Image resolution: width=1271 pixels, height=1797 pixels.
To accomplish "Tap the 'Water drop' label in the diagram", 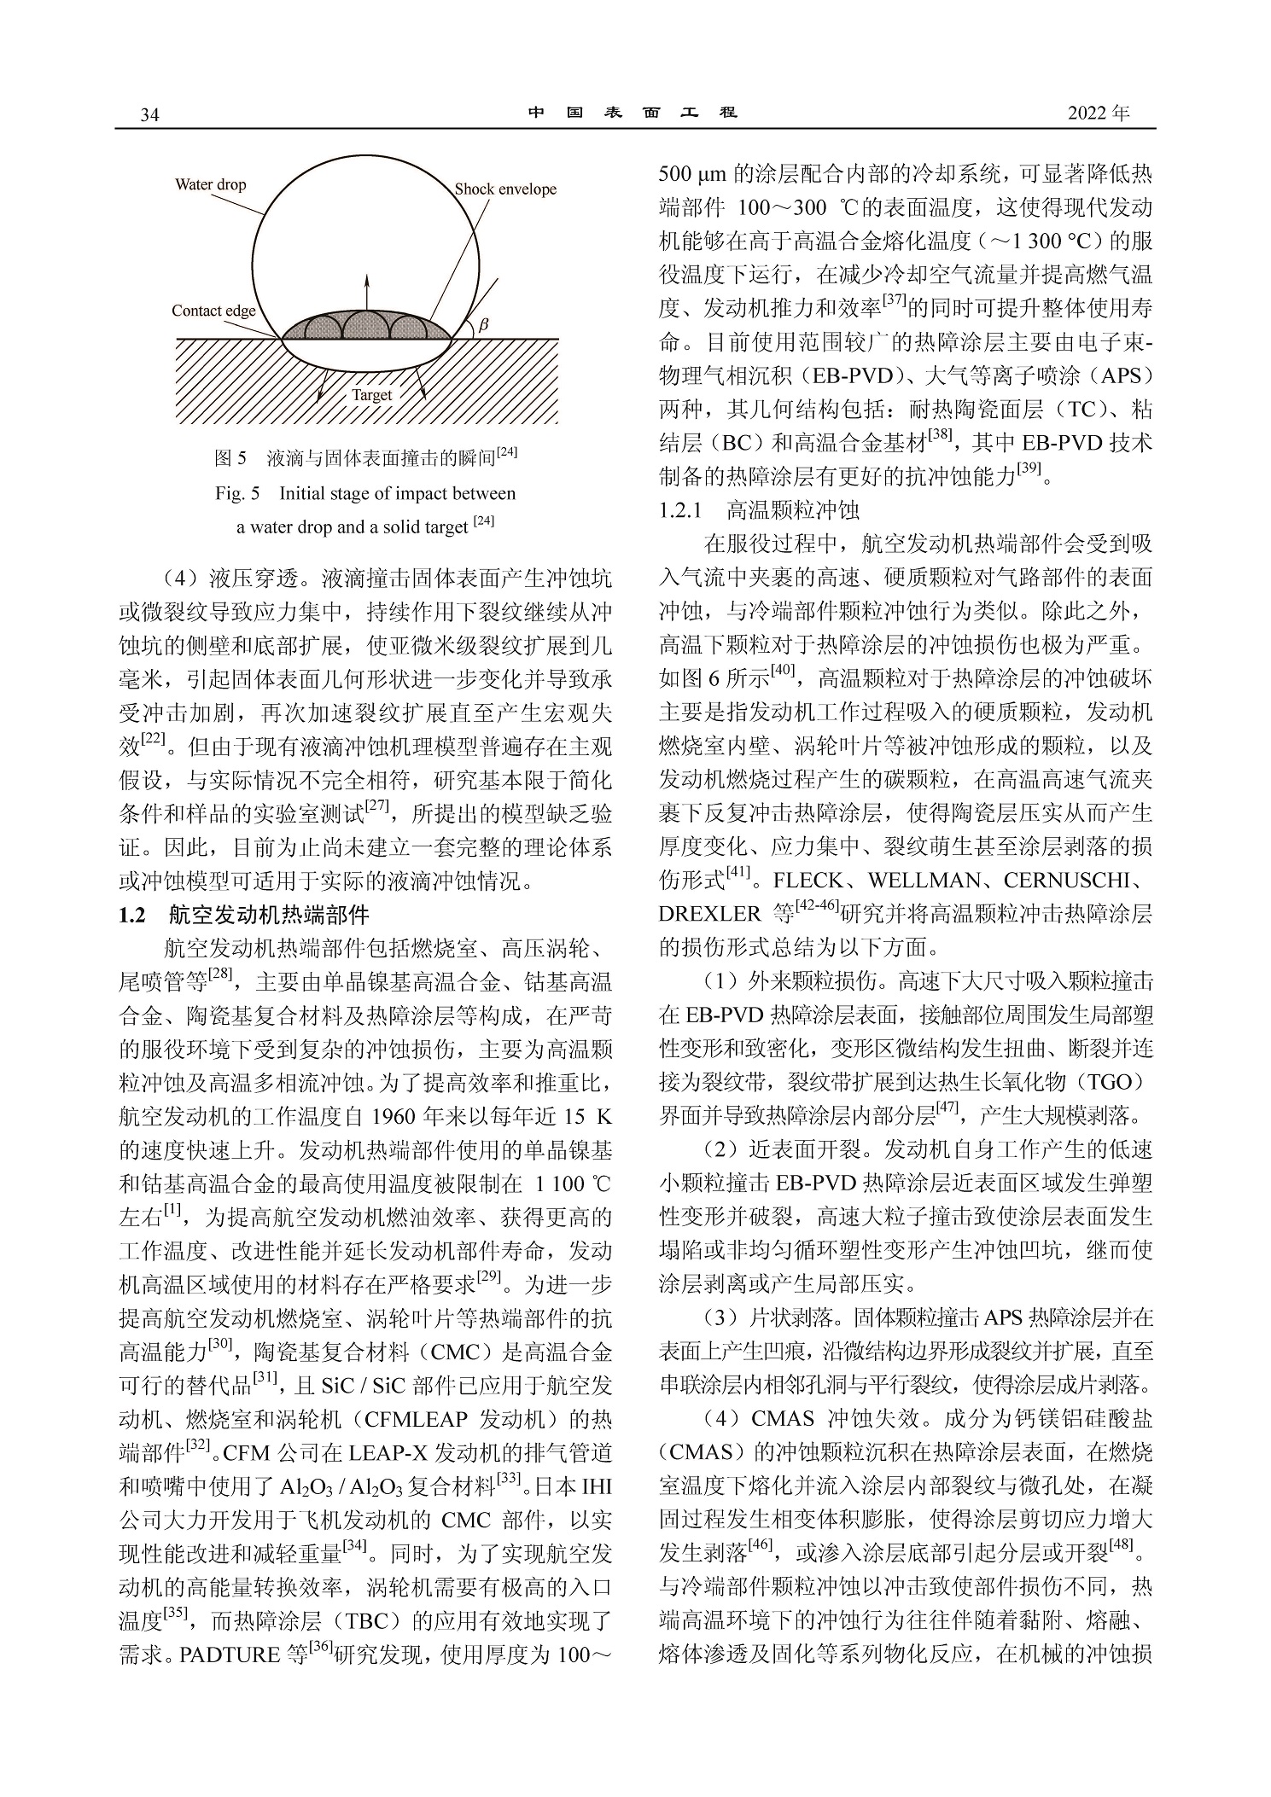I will coord(210,184).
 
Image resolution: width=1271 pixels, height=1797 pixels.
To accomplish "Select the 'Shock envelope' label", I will coord(505,189).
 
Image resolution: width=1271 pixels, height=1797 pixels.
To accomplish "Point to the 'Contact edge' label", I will coord(213,311).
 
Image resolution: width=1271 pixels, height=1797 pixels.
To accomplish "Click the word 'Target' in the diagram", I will coord(372,395).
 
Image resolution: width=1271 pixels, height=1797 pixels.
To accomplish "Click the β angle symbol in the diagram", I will coord(483,325).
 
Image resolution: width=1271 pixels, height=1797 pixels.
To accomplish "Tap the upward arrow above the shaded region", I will coord(368,290).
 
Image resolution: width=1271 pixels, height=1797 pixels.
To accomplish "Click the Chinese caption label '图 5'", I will coord(230,458).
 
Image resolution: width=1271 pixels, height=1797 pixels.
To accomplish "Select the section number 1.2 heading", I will coord(134,916).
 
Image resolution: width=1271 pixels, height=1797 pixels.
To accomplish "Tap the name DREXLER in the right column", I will coord(708,914).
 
